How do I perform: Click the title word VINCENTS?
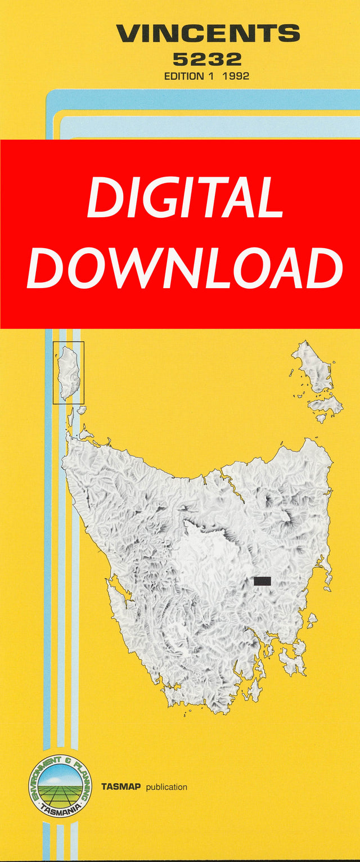tap(208, 34)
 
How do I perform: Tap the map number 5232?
tap(207, 59)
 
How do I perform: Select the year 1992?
tap(236, 76)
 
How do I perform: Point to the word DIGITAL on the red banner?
tap(184, 198)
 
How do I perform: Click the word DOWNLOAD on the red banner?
tap(184, 268)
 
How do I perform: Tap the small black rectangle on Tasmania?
tap(262, 581)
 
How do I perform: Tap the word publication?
tap(166, 787)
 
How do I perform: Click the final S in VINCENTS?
tap(290, 34)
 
